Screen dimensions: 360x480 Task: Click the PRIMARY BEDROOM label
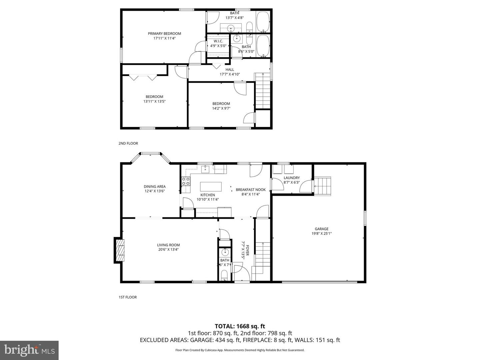tap(164, 34)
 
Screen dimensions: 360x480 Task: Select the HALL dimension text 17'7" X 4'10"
tap(230, 74)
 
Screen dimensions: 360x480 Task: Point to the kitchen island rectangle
tap(211, 186)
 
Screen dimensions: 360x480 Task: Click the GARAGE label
tap(321, 229)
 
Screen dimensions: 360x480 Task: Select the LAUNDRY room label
tap(292, 178)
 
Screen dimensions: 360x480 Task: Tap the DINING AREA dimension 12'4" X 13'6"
tap(155, 191)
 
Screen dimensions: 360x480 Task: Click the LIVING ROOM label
tap(168, 245)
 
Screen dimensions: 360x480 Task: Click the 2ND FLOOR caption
tap(128, 144)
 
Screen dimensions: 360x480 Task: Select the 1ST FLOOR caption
tap(128, 297)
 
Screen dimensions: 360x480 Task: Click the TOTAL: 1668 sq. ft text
tap(240, 326)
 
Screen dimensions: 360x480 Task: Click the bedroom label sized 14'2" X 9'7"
tap(221, 104)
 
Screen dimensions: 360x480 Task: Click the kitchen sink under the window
tap(205, 169)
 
